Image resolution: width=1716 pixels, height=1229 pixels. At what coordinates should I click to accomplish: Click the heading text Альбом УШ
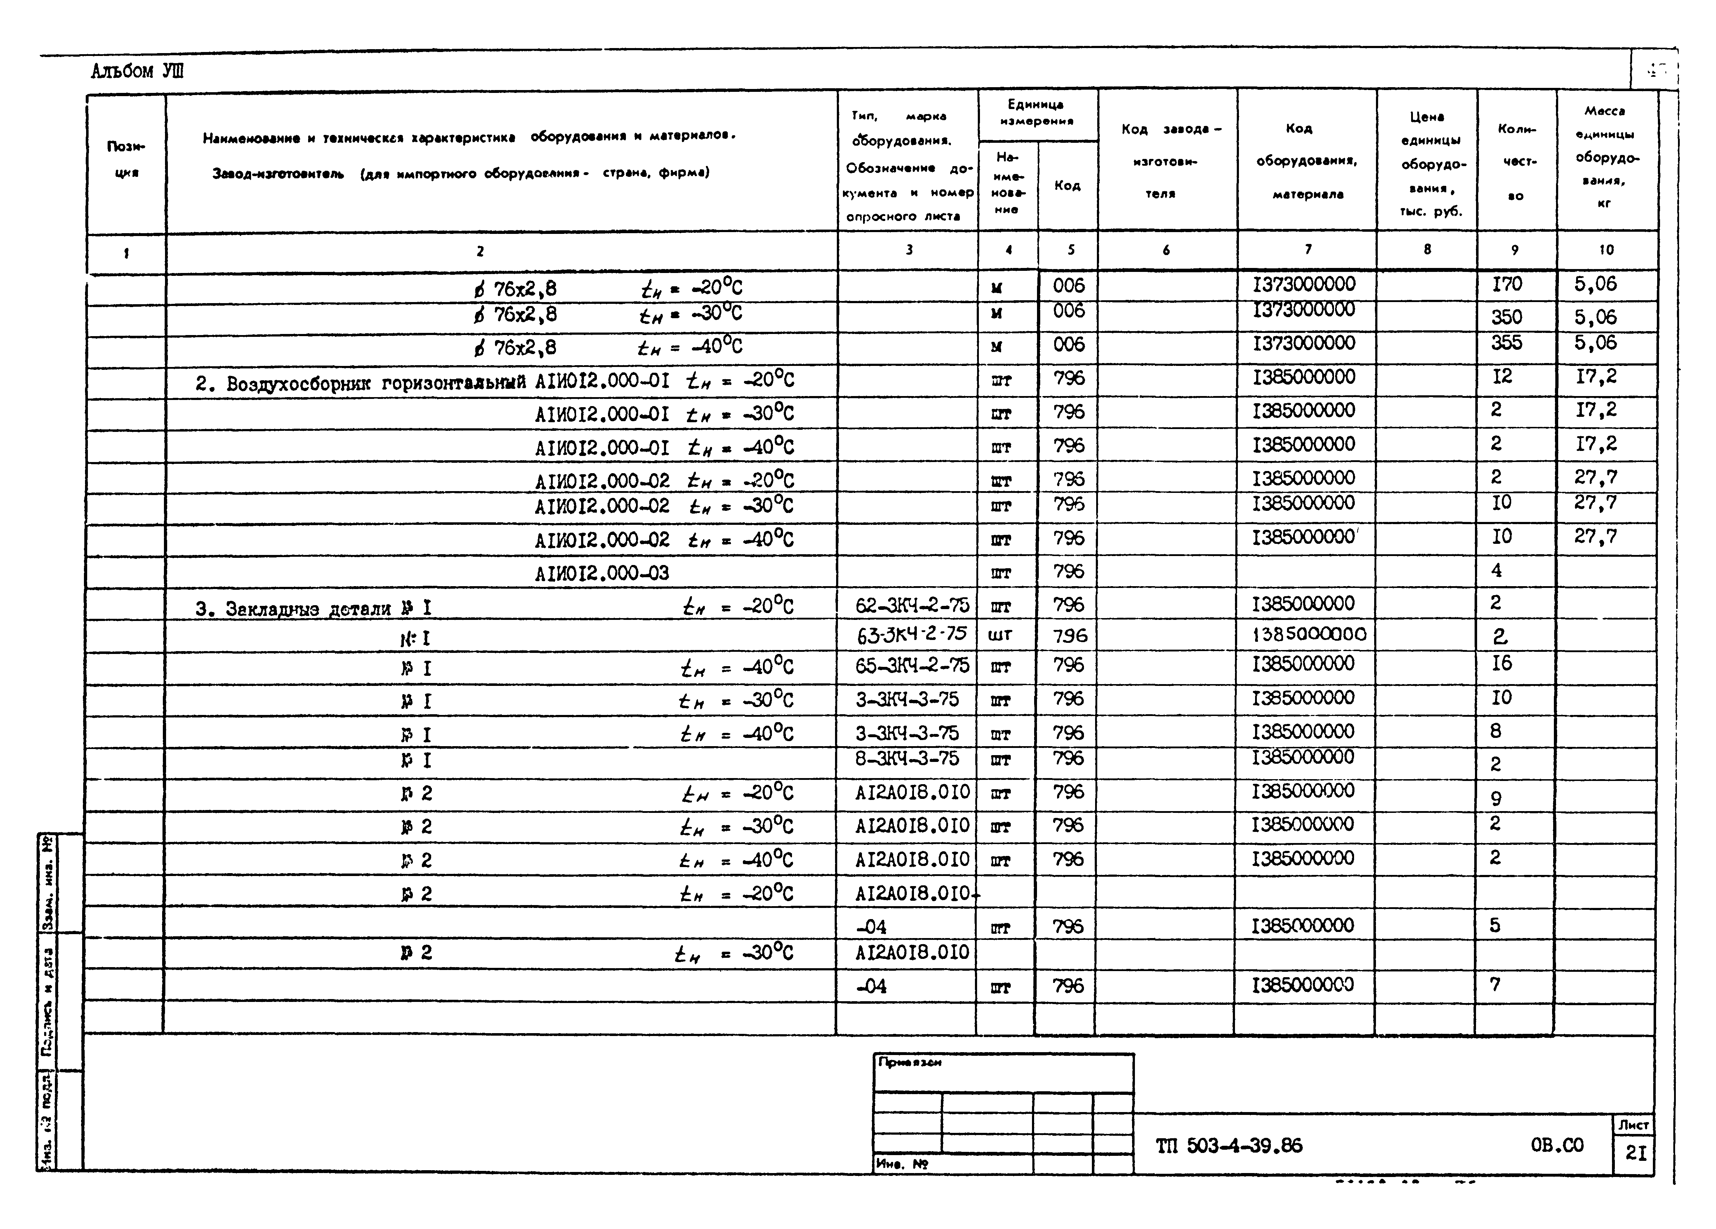click(137, 72)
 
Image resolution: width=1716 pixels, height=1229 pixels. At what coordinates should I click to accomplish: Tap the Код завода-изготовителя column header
click(1166, 160)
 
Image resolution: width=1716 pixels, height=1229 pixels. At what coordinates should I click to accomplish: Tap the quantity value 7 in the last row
click(1495, 985)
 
